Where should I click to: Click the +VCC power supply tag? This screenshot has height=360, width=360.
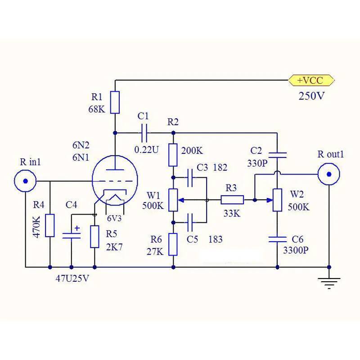click(x=311, y=81)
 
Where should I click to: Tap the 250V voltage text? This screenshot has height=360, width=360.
click(x=311, y=96)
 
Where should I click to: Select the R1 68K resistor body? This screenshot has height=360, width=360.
click(x=115, y=102)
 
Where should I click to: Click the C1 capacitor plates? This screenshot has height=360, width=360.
click(x=144, y=133)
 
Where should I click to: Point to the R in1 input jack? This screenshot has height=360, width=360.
click(x=25, y=181)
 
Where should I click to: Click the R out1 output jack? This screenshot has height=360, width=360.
click(x=329, y=174)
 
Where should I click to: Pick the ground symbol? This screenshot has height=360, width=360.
click(x=329, y=283)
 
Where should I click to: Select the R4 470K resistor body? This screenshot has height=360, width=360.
click(x=50, y=225)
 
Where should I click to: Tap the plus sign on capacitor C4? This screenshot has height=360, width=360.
click(x=77, y=228)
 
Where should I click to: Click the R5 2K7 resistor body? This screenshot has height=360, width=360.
click(x=94, y=237)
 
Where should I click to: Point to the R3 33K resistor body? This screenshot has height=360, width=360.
click(x=232, y=200)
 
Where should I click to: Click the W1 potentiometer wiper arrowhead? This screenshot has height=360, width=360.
click(x=181, y=200)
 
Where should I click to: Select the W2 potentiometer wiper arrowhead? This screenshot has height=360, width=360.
click(x=270, y=200)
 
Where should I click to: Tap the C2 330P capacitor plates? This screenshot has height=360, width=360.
click(x=277, y=155)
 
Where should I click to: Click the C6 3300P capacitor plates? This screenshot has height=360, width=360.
click(x=277, y=239)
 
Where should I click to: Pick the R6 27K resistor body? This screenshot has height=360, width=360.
click(x=173, y=244)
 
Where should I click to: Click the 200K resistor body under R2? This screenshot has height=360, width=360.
click(x=173, y=155)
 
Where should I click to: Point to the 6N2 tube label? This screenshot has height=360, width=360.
click(x=81, y=145)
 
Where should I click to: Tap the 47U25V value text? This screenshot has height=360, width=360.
click(x=72, y=279)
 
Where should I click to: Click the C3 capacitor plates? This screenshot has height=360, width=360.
click(x=190, y=177)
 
